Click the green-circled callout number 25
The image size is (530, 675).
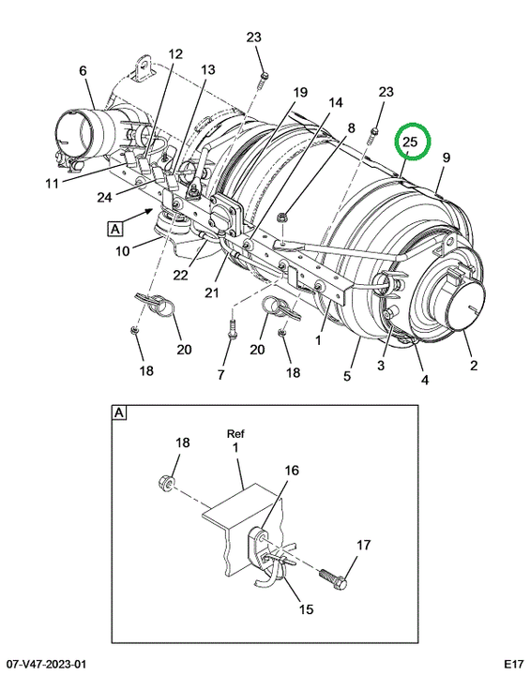[410, 142]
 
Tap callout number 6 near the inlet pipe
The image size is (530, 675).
[83, 70]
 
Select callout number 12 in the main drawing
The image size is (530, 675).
[175, 54]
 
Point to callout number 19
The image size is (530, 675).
[300, 92]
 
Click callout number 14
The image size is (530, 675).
[336, 102]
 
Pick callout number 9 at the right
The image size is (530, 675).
[446, 157]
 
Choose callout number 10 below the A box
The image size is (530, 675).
[122, 250]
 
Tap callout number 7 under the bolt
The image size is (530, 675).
[220, 375]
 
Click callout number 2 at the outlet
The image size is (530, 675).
[474, 366]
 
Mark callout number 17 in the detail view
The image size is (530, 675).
[363, 545]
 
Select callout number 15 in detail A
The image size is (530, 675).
[306, 609]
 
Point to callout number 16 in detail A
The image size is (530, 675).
[292, 470]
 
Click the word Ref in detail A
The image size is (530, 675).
[235, 433]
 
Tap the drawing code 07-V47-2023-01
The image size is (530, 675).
[42, 666]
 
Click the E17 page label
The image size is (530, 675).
[514, 666]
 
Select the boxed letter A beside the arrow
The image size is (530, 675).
[115, 229]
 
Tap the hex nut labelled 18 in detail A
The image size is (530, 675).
[166, 481]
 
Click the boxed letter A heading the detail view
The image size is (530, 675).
[119, 413]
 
